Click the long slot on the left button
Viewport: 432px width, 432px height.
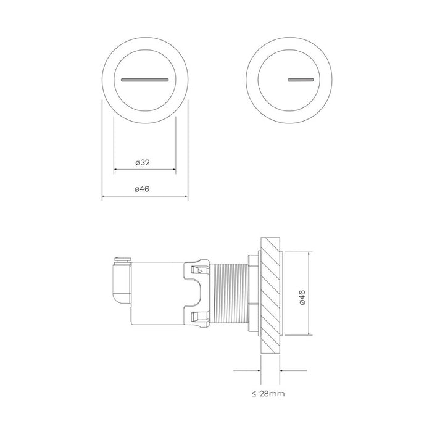pos(145,80)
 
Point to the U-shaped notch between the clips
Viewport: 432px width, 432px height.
pos(196,295)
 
